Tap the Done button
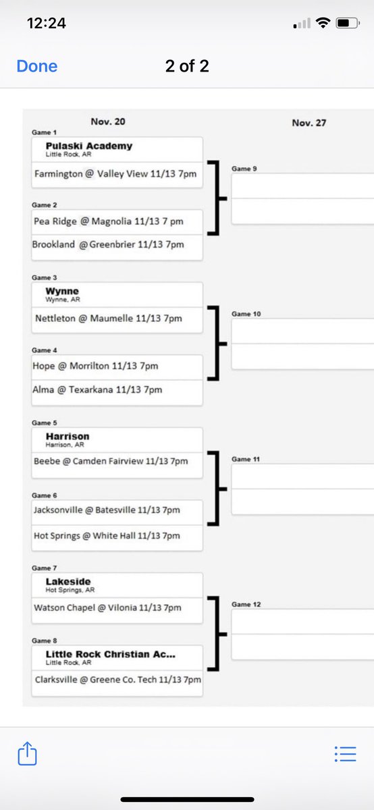click(x=37, y=66)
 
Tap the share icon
click(x=28, y=753)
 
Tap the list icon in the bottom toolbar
click(x=346, y=754)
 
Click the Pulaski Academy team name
click(x=89, y=146)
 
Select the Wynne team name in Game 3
click(x=62, y=291)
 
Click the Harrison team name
click(x=68, y=436)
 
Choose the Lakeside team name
click(x=68, y=581)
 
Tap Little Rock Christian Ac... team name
click(x=111, y=654)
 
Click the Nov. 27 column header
click(x=309, y=123)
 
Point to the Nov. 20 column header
click(x=108, y=122)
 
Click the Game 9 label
click(x=244, y=169)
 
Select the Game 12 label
click(x=246, y=604)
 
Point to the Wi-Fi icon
click(x=323, y=23)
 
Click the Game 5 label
click(x=44, y=423)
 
